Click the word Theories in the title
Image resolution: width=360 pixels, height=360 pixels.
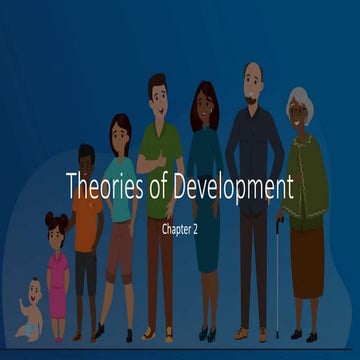[x=99, y=186]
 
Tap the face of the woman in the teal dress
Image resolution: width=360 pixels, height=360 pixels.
[x=203, y=103]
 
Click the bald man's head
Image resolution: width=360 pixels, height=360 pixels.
[x=254, y=75]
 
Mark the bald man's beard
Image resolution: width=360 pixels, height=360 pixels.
[x=254, y=95]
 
